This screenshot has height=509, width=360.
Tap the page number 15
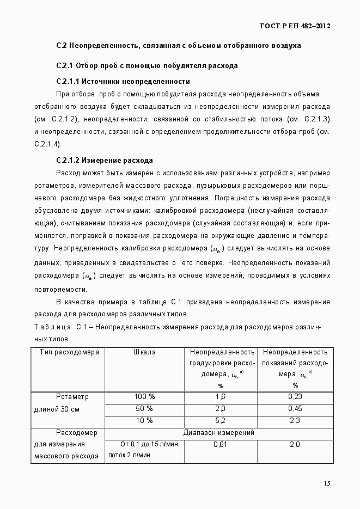pyautogui.click(x=327, y=483)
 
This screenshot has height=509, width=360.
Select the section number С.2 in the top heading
pyautogui.click(x=61, y=46)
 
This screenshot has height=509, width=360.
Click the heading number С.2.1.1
pyautogui.click(x=72, y=81)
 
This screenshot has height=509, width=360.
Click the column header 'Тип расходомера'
pyautogui.click(x=69, y=352)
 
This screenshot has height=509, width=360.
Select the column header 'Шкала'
pyautogui.click(x=144, y=352)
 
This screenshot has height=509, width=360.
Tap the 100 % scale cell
pyautogui.click(x=144, y=397)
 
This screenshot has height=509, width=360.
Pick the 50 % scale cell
pyautogui.click(x=144, y=409)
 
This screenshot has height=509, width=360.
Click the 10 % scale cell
pyautogui.click(x=144, y=421)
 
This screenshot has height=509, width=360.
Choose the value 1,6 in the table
pyautogui.click(x=220, y=397)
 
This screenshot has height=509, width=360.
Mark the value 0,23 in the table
pyautogui.click(x=295, y=397)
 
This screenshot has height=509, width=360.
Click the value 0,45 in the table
pyautogui.click(x=295, y=409)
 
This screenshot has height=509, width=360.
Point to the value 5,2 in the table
pyautogui.click(x=220, y=421)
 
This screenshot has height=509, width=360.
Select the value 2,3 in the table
pyautogui.click(x=295, y=421)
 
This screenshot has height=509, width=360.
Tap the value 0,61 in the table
pyautogui.click(x=220, y=445)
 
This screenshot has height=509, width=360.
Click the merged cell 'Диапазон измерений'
pyautogui.click(x=219, y=433)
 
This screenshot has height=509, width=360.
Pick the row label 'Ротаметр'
pyautogui.click(x=72, y=397)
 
